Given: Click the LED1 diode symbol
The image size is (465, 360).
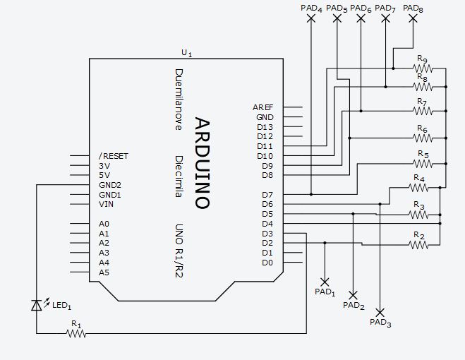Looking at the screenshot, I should pos(37,305).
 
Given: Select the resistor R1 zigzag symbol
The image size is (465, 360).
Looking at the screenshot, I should pos(76,334).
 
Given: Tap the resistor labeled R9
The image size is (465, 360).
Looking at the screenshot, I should pos(422,68).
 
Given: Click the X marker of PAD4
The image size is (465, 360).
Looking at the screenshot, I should pos(311,19).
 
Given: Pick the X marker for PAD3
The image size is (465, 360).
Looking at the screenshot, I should pos(380,312).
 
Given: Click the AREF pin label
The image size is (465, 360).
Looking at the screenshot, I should pos(262,107).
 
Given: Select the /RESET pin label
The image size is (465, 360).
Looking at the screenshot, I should pos(114,155).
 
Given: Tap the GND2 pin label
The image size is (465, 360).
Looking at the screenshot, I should pos(110,185).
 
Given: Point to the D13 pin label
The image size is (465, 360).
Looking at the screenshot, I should pos(265,127).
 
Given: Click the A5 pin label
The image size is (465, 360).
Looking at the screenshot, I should pos(104,272).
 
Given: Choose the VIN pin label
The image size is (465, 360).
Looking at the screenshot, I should pos(106,204).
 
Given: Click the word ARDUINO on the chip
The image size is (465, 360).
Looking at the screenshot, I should pos(201,163).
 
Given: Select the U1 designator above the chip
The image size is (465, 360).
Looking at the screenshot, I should pos(186,53).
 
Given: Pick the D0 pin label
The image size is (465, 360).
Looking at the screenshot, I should pos(267,263).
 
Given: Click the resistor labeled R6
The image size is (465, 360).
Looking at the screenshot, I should pos(422,137).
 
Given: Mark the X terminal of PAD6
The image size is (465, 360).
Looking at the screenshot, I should pos(361,19).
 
